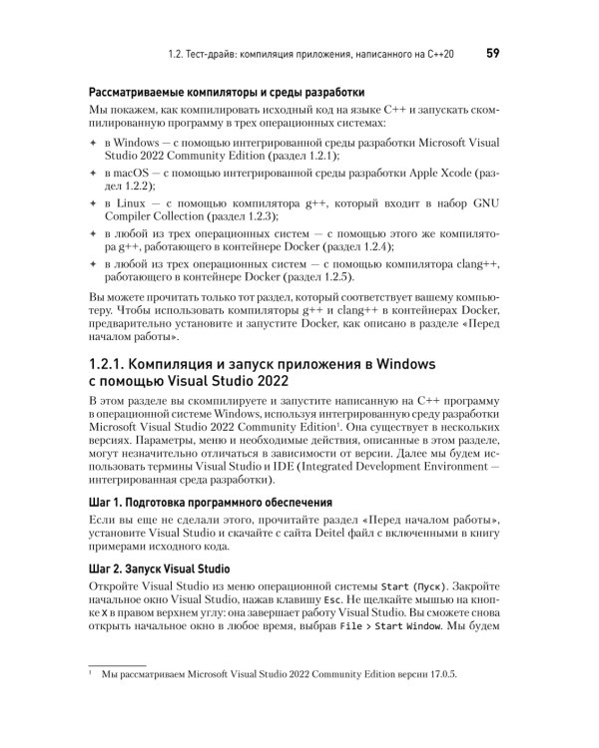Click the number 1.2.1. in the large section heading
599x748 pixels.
tap(119, 362)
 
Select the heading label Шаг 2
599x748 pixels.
tap(106, 569)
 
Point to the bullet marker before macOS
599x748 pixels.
tap(93, 175)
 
